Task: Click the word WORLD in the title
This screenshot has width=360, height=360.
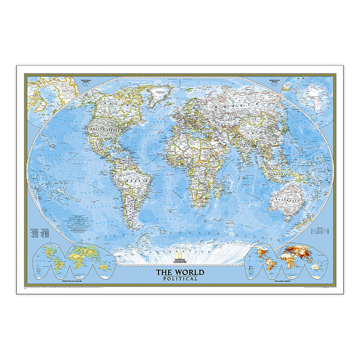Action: click(189, 272)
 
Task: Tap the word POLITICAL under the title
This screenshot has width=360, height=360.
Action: click(180, 278)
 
